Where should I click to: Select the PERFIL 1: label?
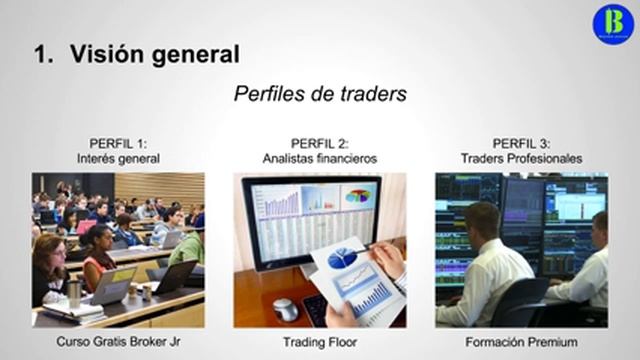(118, 143)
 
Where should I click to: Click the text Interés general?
(118, 158)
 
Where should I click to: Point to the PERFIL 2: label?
(320, 143)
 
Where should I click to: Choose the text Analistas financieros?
(320, 158)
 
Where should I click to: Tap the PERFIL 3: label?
(521, 143)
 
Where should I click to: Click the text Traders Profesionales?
(521, 158)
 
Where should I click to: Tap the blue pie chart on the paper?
(343, 258)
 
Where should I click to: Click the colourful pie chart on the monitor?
(358, 196)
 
